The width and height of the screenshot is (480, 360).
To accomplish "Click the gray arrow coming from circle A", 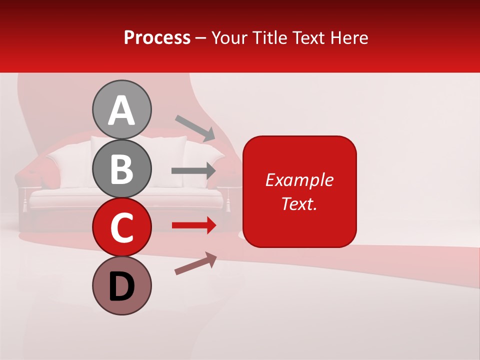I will [x=195, y=127].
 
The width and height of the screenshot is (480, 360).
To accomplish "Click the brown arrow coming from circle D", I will [x=195, y=263].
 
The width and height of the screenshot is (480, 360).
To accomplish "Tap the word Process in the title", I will [x=157, y=38].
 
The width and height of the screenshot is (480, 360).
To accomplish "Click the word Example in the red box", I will [x=299, y=180].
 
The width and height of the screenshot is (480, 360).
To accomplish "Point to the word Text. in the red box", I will [x=299, y=203].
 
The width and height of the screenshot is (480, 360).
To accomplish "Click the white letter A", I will [x=122, y=111].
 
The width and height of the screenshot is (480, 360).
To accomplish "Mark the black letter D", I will [x=122, y=287].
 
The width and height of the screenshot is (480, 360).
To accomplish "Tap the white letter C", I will [x=122, y=228].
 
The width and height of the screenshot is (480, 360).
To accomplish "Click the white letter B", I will [x=122, y=169].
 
